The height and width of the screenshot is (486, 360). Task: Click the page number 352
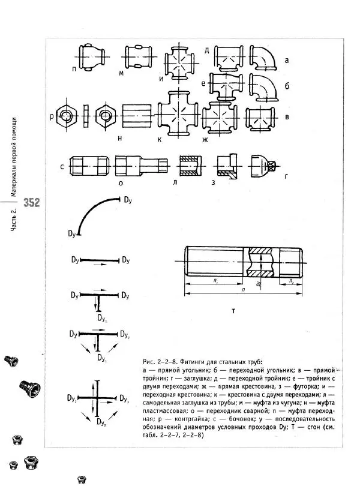(32, 203)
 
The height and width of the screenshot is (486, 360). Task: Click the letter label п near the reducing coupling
(74, 70)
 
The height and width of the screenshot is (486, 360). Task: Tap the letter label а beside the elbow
(287, 60)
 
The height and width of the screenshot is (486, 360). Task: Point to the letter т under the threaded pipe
(233, 311)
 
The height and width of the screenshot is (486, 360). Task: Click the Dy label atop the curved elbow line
(128, 199)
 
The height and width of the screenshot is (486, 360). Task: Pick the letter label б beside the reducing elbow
(287, 86)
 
